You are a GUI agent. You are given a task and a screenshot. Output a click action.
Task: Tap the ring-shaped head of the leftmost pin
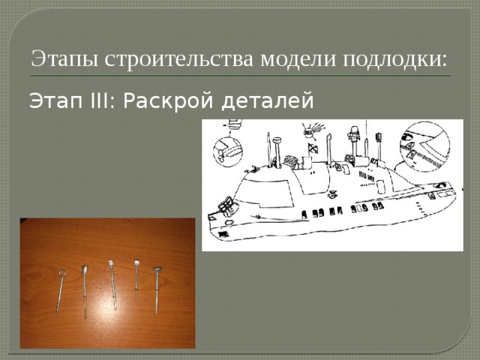62,273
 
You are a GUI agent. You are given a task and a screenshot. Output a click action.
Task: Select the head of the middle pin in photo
110,262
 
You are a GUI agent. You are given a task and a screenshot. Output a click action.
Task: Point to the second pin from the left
85,289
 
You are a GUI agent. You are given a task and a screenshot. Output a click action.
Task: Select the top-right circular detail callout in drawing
424,145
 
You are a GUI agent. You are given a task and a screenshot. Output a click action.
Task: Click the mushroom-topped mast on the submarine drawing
277,142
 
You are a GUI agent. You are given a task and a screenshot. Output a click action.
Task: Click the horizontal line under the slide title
240,76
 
